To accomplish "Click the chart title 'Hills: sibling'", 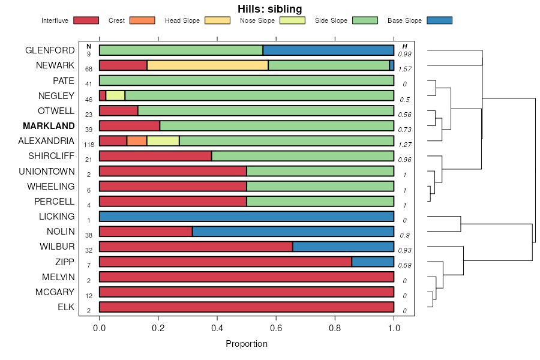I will coord(270,8).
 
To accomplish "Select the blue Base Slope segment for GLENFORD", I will coord(328,50).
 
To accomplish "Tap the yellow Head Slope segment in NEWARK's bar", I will coord(208,65).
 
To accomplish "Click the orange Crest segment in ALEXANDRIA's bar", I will coord(137,141).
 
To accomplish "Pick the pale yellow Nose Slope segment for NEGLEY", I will coord(115,95).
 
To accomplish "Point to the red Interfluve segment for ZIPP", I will coord(225,262).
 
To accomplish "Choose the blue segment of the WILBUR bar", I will coord(343,247).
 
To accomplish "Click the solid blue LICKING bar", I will coord(247,217).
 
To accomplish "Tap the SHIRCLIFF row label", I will coord(51,156).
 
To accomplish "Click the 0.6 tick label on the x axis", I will coord(276,329).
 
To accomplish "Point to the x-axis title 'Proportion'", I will coord(247,344).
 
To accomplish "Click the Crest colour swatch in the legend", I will coord(142,20).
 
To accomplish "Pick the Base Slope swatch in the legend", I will coord(439,20).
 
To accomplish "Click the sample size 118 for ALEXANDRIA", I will coord(89,145).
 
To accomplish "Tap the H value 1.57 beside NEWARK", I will coord(405,69).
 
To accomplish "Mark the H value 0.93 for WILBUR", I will coord(405,250).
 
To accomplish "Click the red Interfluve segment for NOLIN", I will coord(146,232).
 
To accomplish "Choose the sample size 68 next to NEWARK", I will coord(89,69).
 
